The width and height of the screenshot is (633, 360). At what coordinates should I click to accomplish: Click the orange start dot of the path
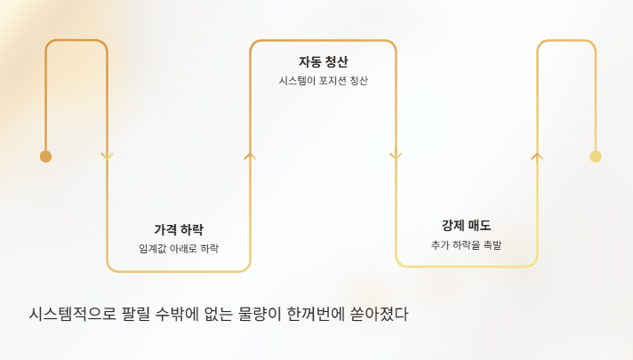(45, 156)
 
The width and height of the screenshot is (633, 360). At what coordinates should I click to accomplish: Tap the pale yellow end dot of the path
(596, 156)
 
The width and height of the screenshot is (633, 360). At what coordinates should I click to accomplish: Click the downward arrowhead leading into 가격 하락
(108, 156)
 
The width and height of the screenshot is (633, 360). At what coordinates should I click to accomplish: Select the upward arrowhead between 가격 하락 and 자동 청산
(250, 156)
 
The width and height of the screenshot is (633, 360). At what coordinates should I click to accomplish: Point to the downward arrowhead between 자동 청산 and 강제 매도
(396, 156)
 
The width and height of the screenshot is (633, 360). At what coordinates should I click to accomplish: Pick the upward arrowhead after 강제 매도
(537, 156)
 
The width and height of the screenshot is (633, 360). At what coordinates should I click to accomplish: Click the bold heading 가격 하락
(179, 229)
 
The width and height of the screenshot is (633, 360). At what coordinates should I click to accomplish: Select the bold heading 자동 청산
(323, 61)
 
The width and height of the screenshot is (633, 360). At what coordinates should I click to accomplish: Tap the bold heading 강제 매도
(466, 225)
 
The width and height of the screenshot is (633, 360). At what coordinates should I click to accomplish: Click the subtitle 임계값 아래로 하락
(179, 249)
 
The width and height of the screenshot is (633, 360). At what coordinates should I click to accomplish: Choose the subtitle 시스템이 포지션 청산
(323, 81)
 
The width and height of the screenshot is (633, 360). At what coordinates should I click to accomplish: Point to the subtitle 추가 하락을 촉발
(466, 244)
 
